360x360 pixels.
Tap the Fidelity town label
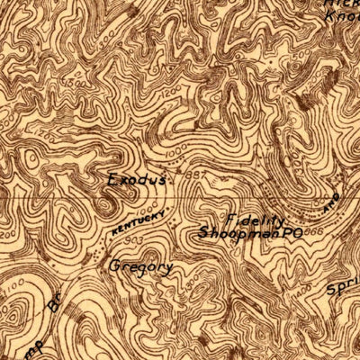[x=256, y=220]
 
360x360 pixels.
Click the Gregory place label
[x=139, y=266]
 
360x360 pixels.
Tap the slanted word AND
[x=329, y=202]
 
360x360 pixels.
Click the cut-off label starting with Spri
[x=343, y=290]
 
